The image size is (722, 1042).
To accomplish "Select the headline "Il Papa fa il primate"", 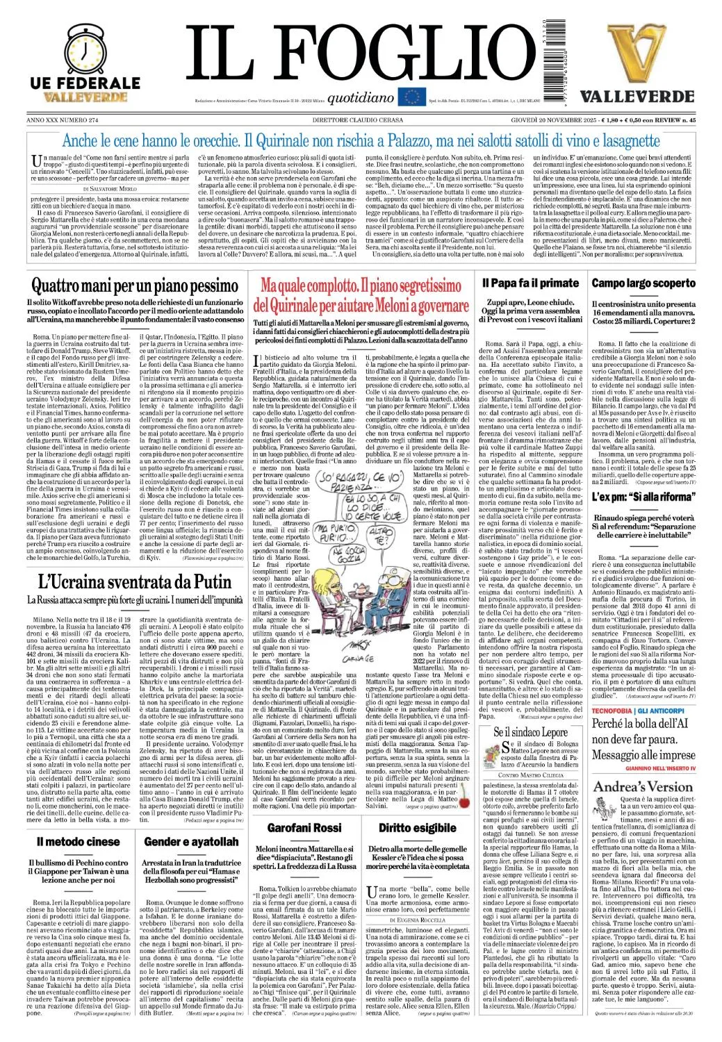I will tap(540, 283).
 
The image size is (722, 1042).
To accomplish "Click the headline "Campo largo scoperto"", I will tap(653, 283).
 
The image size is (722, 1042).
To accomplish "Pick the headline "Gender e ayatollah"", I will tap(192, 841).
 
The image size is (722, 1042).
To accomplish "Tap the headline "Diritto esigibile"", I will tap(418, 827).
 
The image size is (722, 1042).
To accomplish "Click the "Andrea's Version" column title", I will tap(642, 786).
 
